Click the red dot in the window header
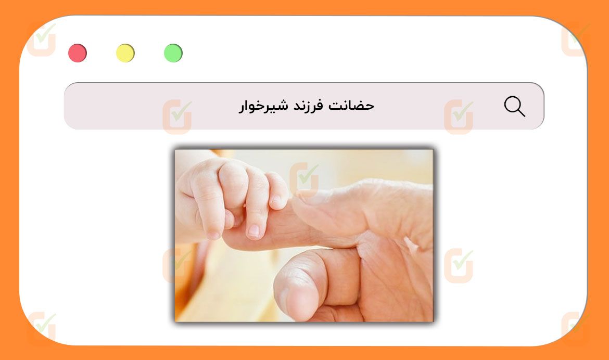(x=78, y=53)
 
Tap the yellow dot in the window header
(x=125, y=53)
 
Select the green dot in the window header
(x=173, y=53)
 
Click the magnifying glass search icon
(x=515, y=107)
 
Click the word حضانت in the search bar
(x=351, y=105)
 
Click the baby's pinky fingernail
(x=277, y=200)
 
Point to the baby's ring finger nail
(x=253, y=230)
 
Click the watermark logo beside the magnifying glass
(x=459, y=117)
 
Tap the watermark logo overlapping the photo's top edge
(x=304, y=179)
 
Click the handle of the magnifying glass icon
(x=521, y=112)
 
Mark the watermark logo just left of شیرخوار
(x=177, y=117)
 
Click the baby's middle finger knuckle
(x=233, y=173)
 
